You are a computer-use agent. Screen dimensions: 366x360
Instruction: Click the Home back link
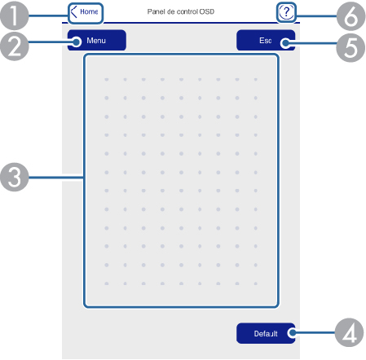pos(86,12)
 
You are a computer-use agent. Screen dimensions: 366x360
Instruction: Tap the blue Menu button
pos(97,41)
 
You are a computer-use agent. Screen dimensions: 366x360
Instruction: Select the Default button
pos(266,333)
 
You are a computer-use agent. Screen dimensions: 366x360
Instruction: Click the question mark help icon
pos(286,12)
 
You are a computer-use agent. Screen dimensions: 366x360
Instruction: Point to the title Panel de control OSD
pos(181,11)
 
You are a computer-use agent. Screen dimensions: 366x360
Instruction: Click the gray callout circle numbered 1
pos(14,15)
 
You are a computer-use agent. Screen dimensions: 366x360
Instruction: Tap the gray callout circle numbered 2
pos(14,46)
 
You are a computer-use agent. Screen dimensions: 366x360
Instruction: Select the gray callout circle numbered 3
pos(15,177)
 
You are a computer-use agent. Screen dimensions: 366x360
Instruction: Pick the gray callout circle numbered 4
pos(349,332)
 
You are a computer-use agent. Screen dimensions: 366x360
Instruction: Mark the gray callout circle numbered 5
pos(351,48)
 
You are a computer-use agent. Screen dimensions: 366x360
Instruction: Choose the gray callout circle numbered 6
pos(351,16)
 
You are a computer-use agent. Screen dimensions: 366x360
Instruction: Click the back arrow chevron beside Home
pos(73,12)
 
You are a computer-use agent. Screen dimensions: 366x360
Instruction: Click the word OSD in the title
pos(207,11)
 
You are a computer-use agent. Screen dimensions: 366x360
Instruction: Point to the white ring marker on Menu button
pos(77,42)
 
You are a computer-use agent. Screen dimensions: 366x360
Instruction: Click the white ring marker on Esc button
pos(285,43)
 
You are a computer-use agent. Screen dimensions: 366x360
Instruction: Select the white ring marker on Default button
pos(293,332)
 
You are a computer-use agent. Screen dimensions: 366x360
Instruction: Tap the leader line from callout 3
pos(56,178)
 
